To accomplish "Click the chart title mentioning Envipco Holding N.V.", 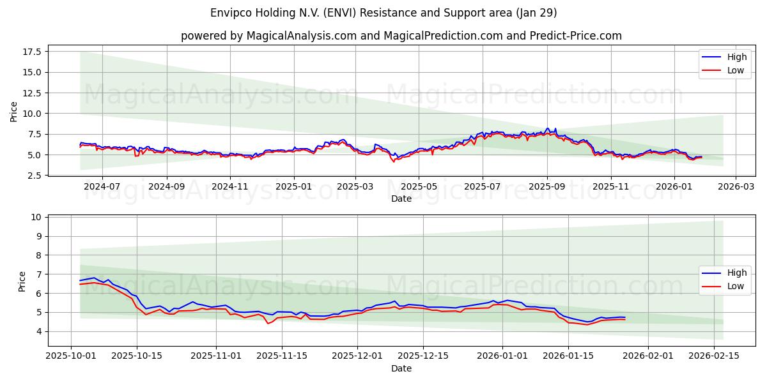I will pyautogui.click(x=383, y=13).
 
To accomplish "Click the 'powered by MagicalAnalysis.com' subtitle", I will pyautogui.click(x=401, y=36).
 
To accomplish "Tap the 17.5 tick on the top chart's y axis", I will pyautogui.click(x=31, y=52).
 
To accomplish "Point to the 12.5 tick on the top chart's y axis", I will pyautogui.click(x=31, y=93).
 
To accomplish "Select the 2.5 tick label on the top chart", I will pyautogui.click(x=34, y=176).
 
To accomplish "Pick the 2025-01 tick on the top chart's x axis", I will pyautogui.click(x=294, y=187).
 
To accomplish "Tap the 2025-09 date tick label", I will pyautogui.click(x=546, y=187).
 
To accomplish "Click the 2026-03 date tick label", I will pyautogui.click(x=735, y=187).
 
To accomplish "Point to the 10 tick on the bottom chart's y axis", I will pyautogui.click(x=36, y=218).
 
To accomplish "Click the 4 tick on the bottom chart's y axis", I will pyautogui.click(x=39, y=332).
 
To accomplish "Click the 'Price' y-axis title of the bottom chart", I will pyautogui.click(x=22, y=282).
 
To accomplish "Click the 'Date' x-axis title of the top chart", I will pyautogui.click(x=401, y=199).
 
